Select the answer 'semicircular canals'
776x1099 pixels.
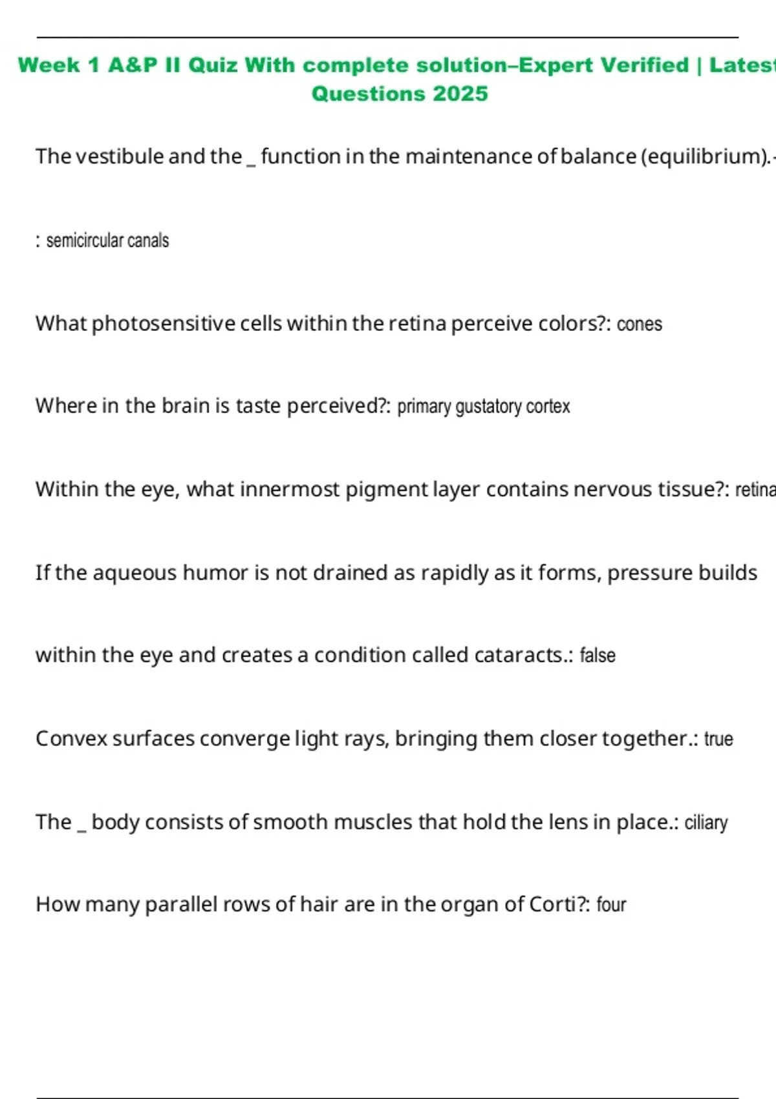pyautogui.click(x=107, y=240)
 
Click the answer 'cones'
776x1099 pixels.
pyautogui.click(x=640, y=324)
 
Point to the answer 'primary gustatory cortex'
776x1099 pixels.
pyautogui.click(x=484, y=407)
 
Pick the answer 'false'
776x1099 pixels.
pyautogui.click(x=598, y=656)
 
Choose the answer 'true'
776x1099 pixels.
pyautogui.click(x=718, y=739)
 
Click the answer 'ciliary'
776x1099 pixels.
pyautogui.click(x=706, y=822)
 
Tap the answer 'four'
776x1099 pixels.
pyautogui.click(x=611, y=904)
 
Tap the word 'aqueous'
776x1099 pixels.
pyautogui.click(x=135, y=573)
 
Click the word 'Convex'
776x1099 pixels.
pyautogui.click(x=71, y=739)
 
